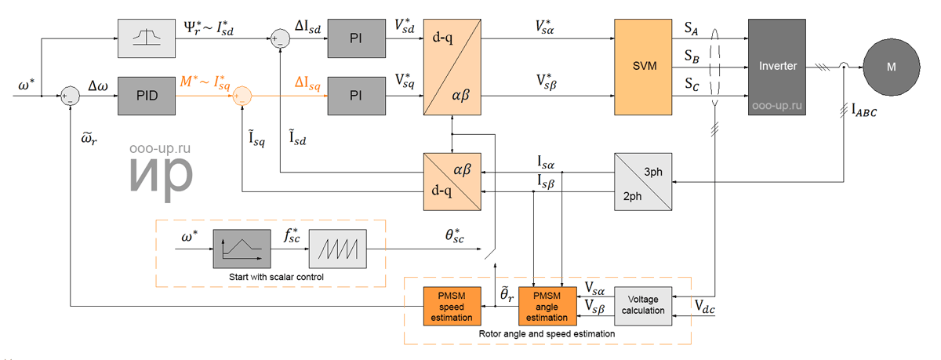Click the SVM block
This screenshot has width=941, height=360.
(643, 67)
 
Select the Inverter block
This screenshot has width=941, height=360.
(777, 67)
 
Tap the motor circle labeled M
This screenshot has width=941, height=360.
(892, 67)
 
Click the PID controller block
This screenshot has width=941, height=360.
(147, 96)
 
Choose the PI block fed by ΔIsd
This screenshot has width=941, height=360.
(356, 38)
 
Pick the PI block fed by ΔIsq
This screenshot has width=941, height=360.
(356, 96)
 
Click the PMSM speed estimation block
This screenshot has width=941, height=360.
(452, 306)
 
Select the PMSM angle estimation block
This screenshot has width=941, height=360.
(547, 306)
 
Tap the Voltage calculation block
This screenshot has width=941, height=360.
(643, 306)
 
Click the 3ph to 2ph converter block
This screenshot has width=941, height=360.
(643, 182)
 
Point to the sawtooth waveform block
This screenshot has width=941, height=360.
(337, 249)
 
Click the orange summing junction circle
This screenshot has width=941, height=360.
(242, 96)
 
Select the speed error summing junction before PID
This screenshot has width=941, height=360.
(70, 96)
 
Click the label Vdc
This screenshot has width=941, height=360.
(704, 307)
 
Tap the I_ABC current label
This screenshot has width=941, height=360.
(864, 111)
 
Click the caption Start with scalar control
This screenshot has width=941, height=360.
(276, 277)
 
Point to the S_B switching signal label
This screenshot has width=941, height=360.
(692, 56)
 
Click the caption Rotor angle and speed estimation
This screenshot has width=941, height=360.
(547, 334)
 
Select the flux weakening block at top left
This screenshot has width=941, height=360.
(147, 38)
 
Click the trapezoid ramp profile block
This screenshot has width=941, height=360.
(242, 249)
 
